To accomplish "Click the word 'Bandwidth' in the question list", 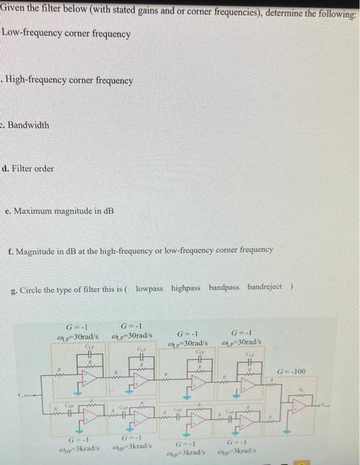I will pyautogui.click(x=29, y=125).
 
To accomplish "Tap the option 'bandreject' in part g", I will pyautogui.click(x=264, y=287).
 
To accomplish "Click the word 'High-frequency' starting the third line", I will pyautogui.click(x=36, y=80).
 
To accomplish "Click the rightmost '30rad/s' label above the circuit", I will pyautogui.click(x=246, y=343).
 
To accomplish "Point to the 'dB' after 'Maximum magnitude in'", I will pyautogui.click(x=108, y=211).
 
